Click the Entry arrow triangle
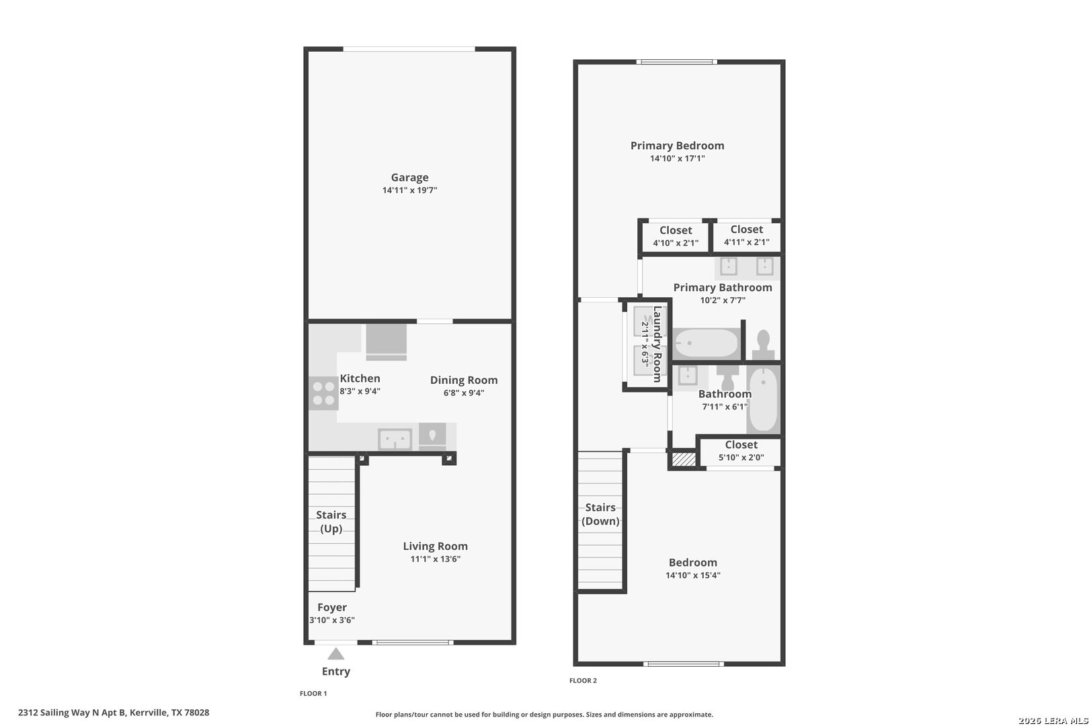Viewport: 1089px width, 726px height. (x=336, y=654)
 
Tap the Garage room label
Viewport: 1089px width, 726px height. (x=410, y=177)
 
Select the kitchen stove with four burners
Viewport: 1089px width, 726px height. (x=324, y=393)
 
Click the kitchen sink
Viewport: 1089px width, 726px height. (x=395, y=440)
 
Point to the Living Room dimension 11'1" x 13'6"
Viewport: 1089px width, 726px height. (x=435, y=559)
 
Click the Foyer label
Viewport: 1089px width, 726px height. (x=332, y=607)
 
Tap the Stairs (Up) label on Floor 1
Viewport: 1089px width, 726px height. (x=331, y=522)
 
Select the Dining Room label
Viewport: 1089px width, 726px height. (x=464, y=380)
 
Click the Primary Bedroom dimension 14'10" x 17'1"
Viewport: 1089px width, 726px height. (x=677, y=159)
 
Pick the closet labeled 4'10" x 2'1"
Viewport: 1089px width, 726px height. (x=676, y=237)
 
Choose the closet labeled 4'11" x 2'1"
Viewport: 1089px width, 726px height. (x=747, y=236)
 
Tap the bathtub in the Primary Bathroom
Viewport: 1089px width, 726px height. (x=707, y=344)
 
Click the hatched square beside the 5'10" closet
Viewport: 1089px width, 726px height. (x=684, y=459)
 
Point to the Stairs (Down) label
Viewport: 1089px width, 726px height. (x=600, y=514)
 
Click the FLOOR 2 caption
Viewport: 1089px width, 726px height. (x=583, y=681)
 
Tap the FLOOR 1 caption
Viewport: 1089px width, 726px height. (x=313, y=694)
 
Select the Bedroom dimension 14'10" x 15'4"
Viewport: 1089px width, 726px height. (x=693, y=575)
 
